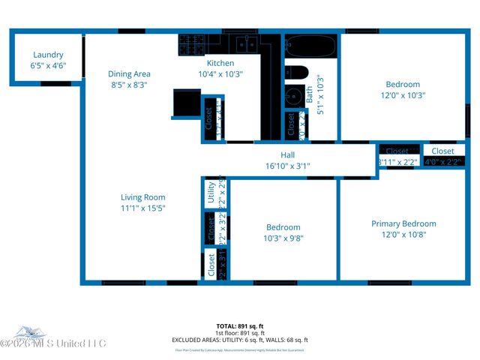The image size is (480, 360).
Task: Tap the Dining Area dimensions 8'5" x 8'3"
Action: pos(129,85)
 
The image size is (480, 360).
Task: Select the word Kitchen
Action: pos(220,64)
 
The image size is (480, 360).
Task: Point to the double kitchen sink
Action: pos(244,43)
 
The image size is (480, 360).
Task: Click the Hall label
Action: pos(287,155)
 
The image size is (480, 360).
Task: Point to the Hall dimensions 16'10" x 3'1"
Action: pos(287,166)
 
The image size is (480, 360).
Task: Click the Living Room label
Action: pos(142,197)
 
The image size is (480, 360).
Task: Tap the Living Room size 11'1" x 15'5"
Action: pos(142,208)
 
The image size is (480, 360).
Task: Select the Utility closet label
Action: pos(211,193)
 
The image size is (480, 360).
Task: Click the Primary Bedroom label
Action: pos(403,223)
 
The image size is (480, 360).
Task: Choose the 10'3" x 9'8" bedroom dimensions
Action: pos(283,238)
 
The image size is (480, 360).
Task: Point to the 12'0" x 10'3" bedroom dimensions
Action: pos(403,95)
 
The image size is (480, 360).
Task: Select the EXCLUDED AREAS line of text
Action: pos(239,340)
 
